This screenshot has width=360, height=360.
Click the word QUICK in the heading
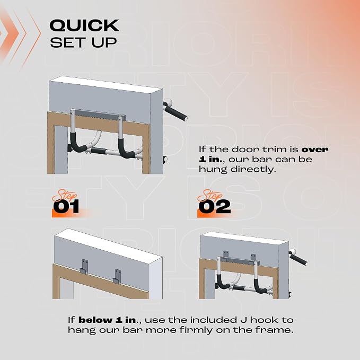84,25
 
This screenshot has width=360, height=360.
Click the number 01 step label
66,206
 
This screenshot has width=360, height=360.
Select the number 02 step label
214,206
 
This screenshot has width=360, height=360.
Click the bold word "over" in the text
315,150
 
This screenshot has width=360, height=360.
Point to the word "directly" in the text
253,170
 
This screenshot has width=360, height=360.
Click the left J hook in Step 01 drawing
84,266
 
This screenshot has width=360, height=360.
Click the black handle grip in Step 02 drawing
298,259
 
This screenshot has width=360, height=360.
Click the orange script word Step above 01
65,196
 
